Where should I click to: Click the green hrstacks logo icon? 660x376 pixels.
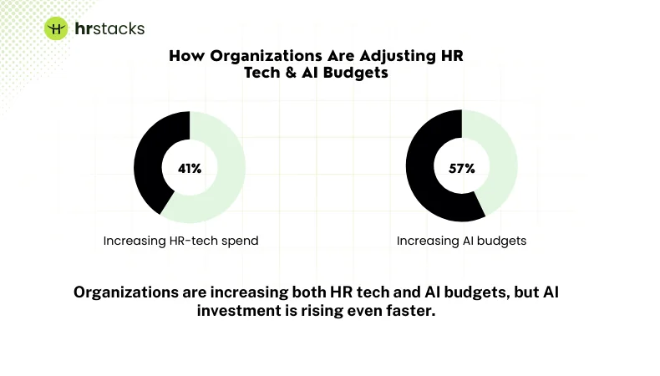(x=55, y=28)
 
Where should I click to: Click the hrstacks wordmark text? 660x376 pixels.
(x=108, y=28)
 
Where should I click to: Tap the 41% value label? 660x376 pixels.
(x=190, y=168)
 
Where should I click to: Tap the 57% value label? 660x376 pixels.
(x=461, y=168)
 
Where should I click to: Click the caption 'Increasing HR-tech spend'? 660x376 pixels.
(x=180, y=241)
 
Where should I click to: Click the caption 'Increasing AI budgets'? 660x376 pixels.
(x=461, y=241)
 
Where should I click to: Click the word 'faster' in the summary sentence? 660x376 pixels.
(x=413, y=311)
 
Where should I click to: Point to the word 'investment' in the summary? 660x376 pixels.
(x=241, y=311)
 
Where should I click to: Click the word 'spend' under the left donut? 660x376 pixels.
(x=241, y=241)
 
